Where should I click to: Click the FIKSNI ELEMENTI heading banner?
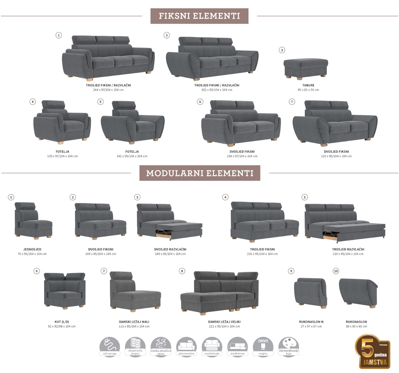[x=199, y=16]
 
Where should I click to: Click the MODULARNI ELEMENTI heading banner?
[x=200, y=173]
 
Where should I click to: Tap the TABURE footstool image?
[x=306, y=68]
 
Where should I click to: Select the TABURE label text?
[x=308, y=85]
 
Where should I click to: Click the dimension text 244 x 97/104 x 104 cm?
[x=108, y=90]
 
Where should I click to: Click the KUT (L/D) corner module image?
[x=65, y=290]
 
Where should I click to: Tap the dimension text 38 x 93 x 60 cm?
[x=356, y=326]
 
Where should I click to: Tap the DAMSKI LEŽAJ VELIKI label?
[x=224, y=322]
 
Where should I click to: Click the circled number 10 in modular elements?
[x=336, y=271]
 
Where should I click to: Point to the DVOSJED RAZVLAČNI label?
[x=170, y=249]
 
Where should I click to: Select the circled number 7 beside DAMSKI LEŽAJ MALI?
[x=104, y=271]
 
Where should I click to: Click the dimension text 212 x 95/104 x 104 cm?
[x=224, y=326]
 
